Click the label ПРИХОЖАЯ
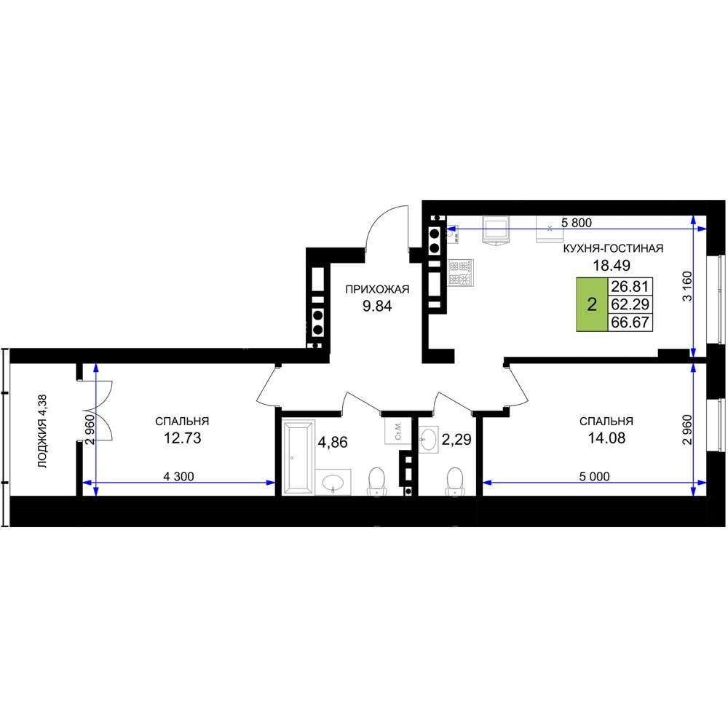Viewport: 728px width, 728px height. coord(377,290)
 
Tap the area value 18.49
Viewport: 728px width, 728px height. coord(612,266)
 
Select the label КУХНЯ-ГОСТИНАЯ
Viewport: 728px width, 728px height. coord(613,248)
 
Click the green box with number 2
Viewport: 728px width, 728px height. coord(592,304)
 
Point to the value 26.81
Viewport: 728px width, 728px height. coord(630,286)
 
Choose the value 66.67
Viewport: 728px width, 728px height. coord(630,323)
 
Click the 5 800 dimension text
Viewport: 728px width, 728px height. coord(576,223)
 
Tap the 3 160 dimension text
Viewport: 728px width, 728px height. coord(687,286)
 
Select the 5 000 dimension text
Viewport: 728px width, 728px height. coord(594,476)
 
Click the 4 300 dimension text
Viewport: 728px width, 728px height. coord(179,476)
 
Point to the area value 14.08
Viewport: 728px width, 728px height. coord(607,438)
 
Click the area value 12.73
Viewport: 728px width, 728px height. coord(183,438)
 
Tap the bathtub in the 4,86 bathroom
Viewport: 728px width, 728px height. coord(298,456)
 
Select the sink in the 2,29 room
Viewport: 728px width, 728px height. coord(429,439)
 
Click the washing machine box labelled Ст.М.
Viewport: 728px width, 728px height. coord(397,431)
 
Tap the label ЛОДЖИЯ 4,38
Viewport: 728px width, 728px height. coord(43,431)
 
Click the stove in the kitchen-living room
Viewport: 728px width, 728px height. coord(461,272)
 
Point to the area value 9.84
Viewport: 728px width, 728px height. coord(377,306)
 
